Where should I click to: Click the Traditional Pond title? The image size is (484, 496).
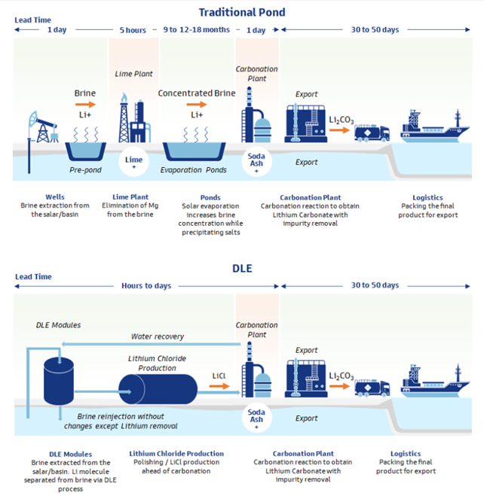241,12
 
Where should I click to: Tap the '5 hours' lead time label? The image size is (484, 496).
133,30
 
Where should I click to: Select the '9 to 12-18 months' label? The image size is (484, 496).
198,30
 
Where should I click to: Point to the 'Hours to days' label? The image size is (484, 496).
146,286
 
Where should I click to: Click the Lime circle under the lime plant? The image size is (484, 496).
133,161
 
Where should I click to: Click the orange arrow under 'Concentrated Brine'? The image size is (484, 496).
196,105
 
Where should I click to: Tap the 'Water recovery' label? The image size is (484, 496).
157,337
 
